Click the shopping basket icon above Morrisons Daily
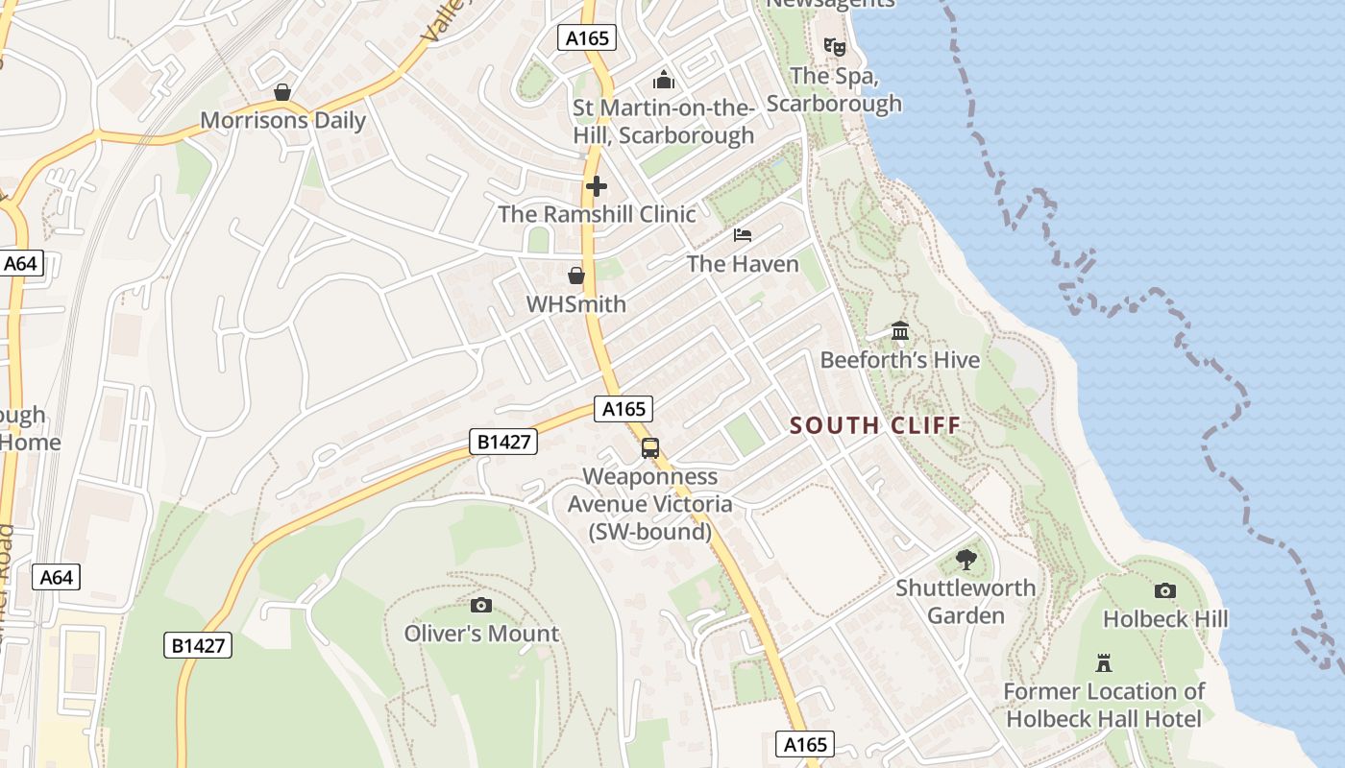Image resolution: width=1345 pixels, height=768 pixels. tap(282, 92)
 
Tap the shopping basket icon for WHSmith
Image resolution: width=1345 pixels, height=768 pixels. tap(576, 276)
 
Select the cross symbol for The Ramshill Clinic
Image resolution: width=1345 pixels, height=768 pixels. tap(597, 186)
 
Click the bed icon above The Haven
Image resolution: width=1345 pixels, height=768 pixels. tap(743, 235)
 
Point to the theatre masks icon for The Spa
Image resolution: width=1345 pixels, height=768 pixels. tap(834, 46)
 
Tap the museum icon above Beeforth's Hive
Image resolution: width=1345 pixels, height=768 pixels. tap(900, 331)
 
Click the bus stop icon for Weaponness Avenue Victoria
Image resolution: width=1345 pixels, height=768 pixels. tap(650, 448)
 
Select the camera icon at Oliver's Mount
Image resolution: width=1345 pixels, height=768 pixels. tap(481, 605)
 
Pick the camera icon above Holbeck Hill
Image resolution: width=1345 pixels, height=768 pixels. tap(1165, 590)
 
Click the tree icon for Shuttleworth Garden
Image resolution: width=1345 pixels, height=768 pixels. tap(966, 560)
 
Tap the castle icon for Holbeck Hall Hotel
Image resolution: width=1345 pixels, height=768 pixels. tap(1104, 663)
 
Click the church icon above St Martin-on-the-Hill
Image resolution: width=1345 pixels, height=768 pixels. tap(663, 79)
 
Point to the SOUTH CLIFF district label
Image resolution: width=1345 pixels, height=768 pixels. tap(874, 425)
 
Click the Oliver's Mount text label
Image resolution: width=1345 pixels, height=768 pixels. tap(481, 634)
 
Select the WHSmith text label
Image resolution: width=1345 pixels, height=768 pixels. tap(576, 304)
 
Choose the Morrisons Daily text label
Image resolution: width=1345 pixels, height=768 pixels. tap(282, 120)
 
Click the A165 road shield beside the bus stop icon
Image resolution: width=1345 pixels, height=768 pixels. tap(624, 409)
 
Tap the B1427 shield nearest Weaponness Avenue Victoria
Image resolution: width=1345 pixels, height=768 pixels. tap(502, 442)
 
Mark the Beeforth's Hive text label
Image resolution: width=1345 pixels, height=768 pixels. tap(900, 360)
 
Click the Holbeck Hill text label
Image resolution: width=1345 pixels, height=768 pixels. tap(1165, 619)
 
